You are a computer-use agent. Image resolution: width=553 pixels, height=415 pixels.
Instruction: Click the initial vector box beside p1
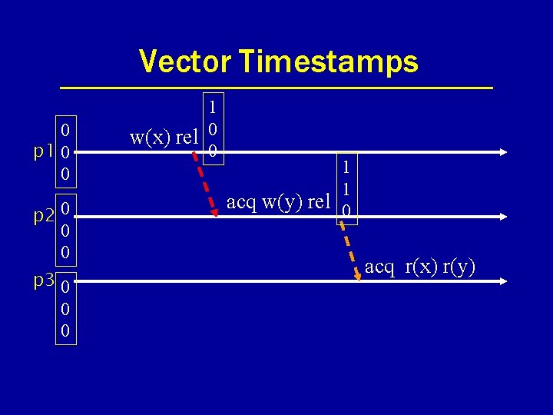66,151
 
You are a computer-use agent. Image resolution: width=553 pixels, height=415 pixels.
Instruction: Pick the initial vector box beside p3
66,310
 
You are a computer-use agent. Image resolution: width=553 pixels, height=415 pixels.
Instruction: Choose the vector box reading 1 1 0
347,188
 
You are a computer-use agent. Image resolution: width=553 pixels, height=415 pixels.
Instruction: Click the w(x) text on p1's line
150,138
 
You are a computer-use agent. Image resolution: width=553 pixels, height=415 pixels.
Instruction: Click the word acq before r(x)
379,267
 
